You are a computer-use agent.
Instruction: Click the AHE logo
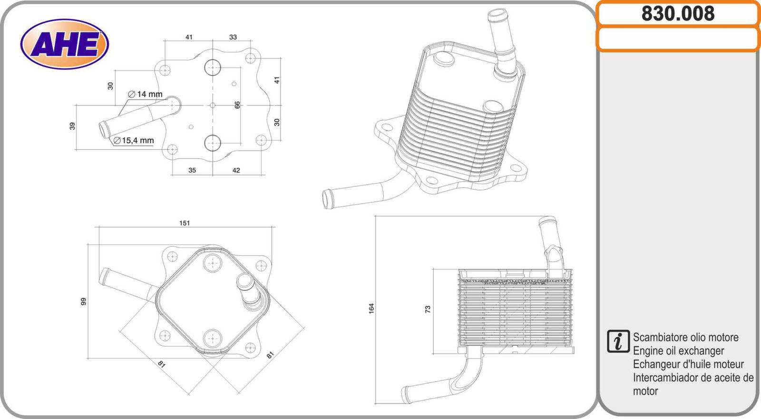(x=65, y=44)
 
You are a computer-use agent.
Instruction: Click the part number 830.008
(x=678, y=14)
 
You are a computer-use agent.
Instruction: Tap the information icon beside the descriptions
(x=618, y=341)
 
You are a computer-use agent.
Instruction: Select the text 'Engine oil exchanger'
(x=678, y=351)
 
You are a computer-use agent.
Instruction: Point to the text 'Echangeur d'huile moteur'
(x=688, y=364)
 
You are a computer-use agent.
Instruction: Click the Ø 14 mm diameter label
(x=146, y=94)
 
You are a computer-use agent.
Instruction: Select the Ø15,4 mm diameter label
(x=134, y=140)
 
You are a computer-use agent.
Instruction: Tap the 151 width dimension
(x=185, y=223)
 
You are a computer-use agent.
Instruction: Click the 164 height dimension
(x=371, y=308)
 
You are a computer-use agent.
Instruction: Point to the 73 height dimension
(x=428, y=309)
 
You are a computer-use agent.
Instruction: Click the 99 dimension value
(x=84, y=301)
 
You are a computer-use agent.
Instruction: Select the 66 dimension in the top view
(x=237, y=105)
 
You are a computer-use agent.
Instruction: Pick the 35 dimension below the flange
(x=192, y=170)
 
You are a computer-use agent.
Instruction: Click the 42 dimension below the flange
(x=236, y=170)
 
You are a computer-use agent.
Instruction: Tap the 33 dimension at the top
(x=233, y=37)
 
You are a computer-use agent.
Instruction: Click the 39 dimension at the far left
(x=72, y=126)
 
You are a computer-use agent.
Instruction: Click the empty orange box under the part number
(x=678, y=39)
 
